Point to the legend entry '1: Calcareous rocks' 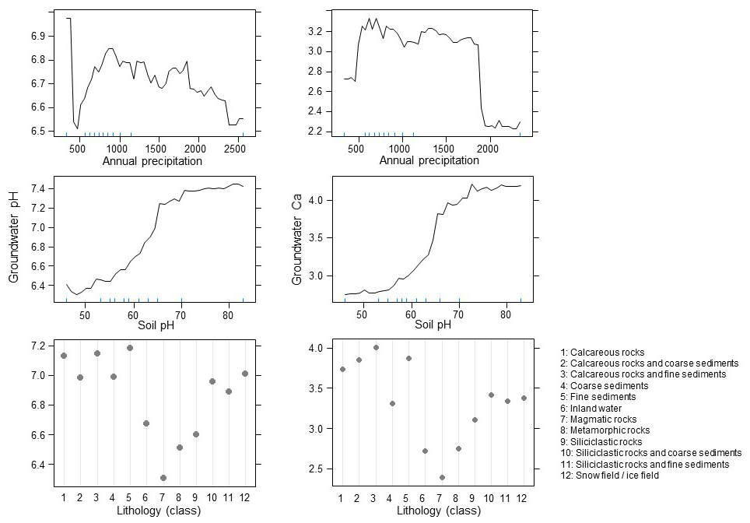pos(602,353)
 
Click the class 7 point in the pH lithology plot pos(163,478)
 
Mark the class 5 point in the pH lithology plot pos(130,348)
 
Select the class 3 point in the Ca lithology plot pos(376,348)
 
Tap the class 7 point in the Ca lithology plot pos(441,478)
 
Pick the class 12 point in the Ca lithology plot pos(523,398)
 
